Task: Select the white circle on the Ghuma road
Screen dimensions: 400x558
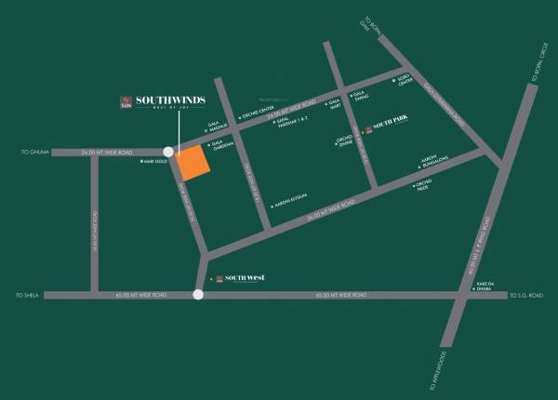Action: (168, 152)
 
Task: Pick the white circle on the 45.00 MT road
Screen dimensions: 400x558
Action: (198, 295)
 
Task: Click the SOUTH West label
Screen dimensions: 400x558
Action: (245, 277)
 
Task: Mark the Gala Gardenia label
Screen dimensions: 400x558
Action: (220, 147)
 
